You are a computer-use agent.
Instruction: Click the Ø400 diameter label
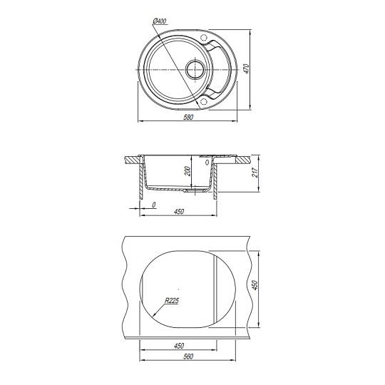tap(160, 21)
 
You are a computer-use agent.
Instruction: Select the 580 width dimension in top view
tap(188, 118)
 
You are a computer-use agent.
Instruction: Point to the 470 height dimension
tap(246, 68)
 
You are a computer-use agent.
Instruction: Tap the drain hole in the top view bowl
tap(195, 69)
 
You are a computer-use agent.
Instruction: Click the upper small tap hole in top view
tap(203, 38)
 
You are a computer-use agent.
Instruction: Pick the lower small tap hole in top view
tap(203, 102)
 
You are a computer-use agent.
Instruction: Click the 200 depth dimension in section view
tap(188, 171)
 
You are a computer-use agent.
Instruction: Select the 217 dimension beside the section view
tap(255, 173)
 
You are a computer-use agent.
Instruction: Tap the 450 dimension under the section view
tap(179, 212)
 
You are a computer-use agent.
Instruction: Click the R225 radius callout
tap(172, 301)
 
